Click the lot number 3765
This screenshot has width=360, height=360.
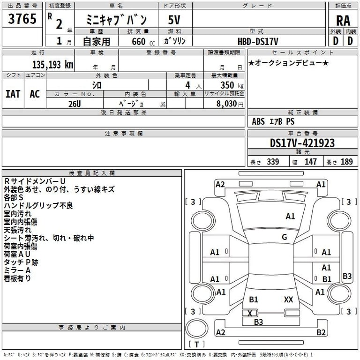[22, 20]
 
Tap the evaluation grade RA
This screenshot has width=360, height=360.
[343, 20]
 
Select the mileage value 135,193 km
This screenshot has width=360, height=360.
[52, 65]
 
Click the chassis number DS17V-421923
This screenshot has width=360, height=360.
[302, 143]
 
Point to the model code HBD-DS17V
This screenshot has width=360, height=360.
[257, 41]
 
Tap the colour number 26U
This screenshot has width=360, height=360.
[75, 104]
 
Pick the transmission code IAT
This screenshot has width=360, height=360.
[13, 94]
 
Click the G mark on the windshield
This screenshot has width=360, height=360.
[284, 237]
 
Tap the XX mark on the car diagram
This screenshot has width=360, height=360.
[289, 299]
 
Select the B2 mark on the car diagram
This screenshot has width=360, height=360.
[321, 332]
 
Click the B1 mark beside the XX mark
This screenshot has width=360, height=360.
[254, 299]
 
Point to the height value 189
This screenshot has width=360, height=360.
[346, 162]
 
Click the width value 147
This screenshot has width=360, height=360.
[310, 162]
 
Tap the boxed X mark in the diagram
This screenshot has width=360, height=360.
[250, 313]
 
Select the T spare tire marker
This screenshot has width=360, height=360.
[196, 345]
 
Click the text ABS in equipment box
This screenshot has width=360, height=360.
[258, 121]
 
